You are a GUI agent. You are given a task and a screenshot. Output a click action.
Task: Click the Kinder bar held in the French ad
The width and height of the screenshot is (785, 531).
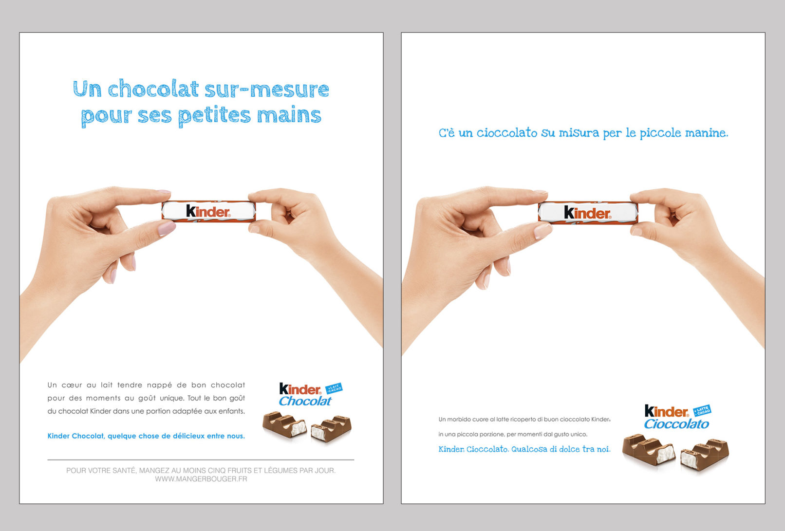208,211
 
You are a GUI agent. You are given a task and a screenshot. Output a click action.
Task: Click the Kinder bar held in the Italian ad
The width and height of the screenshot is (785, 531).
588,213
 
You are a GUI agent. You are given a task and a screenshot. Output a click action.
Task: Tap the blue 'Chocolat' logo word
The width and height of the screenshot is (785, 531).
305,401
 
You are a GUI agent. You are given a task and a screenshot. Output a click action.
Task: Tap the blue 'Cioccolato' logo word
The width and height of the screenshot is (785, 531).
676,424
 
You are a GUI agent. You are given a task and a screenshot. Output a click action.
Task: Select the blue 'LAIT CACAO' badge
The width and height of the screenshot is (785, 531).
334,388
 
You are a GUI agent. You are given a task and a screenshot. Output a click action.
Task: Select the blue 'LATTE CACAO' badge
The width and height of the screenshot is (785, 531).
702,410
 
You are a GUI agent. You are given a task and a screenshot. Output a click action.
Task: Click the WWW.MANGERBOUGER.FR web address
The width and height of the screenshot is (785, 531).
201,479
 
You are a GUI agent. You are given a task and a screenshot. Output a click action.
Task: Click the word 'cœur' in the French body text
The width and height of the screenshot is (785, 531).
72,385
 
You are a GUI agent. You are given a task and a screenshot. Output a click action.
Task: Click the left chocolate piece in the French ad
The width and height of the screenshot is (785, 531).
284,424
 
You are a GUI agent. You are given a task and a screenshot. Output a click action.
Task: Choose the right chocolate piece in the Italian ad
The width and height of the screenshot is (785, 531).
704,454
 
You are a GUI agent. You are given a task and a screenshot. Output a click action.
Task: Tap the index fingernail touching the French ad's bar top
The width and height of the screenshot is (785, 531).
163,192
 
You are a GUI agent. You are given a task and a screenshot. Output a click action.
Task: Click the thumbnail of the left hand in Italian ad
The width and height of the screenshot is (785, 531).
542,231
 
